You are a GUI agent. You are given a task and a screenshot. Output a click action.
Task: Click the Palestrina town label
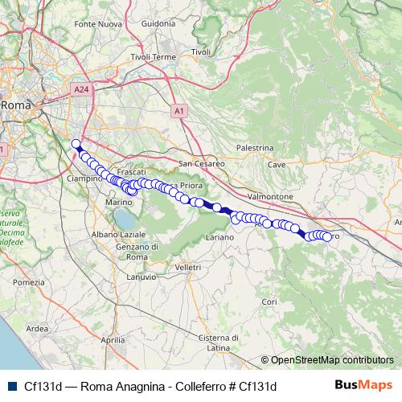click(256, 148)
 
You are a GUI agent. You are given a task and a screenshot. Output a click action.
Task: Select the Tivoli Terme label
click(153, 57)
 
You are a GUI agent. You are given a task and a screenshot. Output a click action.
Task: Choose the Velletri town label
click(187, 266)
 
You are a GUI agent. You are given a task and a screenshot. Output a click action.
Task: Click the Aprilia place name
click(114, 340)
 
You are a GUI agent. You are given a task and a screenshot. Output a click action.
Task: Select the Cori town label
click(269, 301)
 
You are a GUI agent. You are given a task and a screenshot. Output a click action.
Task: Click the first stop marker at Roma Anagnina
click(76, 145)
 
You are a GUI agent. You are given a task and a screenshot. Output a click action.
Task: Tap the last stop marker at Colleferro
click(327, 236)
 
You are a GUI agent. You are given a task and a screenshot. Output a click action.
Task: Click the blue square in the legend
click(10, 385)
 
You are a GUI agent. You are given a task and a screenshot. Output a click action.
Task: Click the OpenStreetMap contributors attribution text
click(331, 360)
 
